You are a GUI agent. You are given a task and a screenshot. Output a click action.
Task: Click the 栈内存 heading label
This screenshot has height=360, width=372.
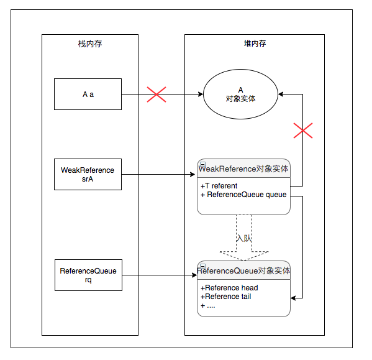[x=86, y=44]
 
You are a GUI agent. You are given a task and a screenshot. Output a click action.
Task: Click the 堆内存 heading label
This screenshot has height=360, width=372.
[x=254, y=44]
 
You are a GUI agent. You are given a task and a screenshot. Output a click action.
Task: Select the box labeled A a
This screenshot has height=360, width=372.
[x=88, y=95]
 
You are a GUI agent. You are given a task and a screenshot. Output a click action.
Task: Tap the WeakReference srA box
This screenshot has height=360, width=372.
[x=88, y=174]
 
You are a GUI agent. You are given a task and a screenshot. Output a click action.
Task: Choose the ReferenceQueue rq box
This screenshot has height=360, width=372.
[x=88, y=275]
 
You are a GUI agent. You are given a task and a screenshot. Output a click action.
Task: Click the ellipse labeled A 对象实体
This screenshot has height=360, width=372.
[x=241, y=95]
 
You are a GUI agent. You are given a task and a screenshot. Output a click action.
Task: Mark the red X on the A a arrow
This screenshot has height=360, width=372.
[x=156, y=95]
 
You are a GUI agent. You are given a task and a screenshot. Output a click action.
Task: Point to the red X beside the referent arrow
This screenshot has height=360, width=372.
[x=302, y=131]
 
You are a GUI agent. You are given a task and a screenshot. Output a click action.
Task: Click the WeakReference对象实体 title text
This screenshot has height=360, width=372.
[x=243, y=168]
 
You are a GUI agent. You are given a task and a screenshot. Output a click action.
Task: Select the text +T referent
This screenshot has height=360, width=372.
[x=219, y=185]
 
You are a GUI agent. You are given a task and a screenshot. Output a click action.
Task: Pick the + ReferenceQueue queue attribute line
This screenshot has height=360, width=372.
[x=243, y=195]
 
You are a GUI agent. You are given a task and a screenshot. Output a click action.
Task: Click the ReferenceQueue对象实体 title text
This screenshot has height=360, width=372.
[x=243, y=271]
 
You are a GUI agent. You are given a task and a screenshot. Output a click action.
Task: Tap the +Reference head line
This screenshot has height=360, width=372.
[x=229, y=288]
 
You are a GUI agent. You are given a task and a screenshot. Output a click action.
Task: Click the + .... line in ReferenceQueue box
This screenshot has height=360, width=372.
[x=208, y=305]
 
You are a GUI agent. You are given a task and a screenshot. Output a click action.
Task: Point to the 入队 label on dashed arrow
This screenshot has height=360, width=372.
[x=243, y=238]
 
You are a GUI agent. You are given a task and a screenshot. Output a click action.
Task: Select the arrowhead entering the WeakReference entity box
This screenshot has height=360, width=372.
[x=193, y=175]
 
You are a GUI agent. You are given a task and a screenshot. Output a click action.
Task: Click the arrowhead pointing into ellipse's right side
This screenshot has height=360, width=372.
[x=282, y=95]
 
